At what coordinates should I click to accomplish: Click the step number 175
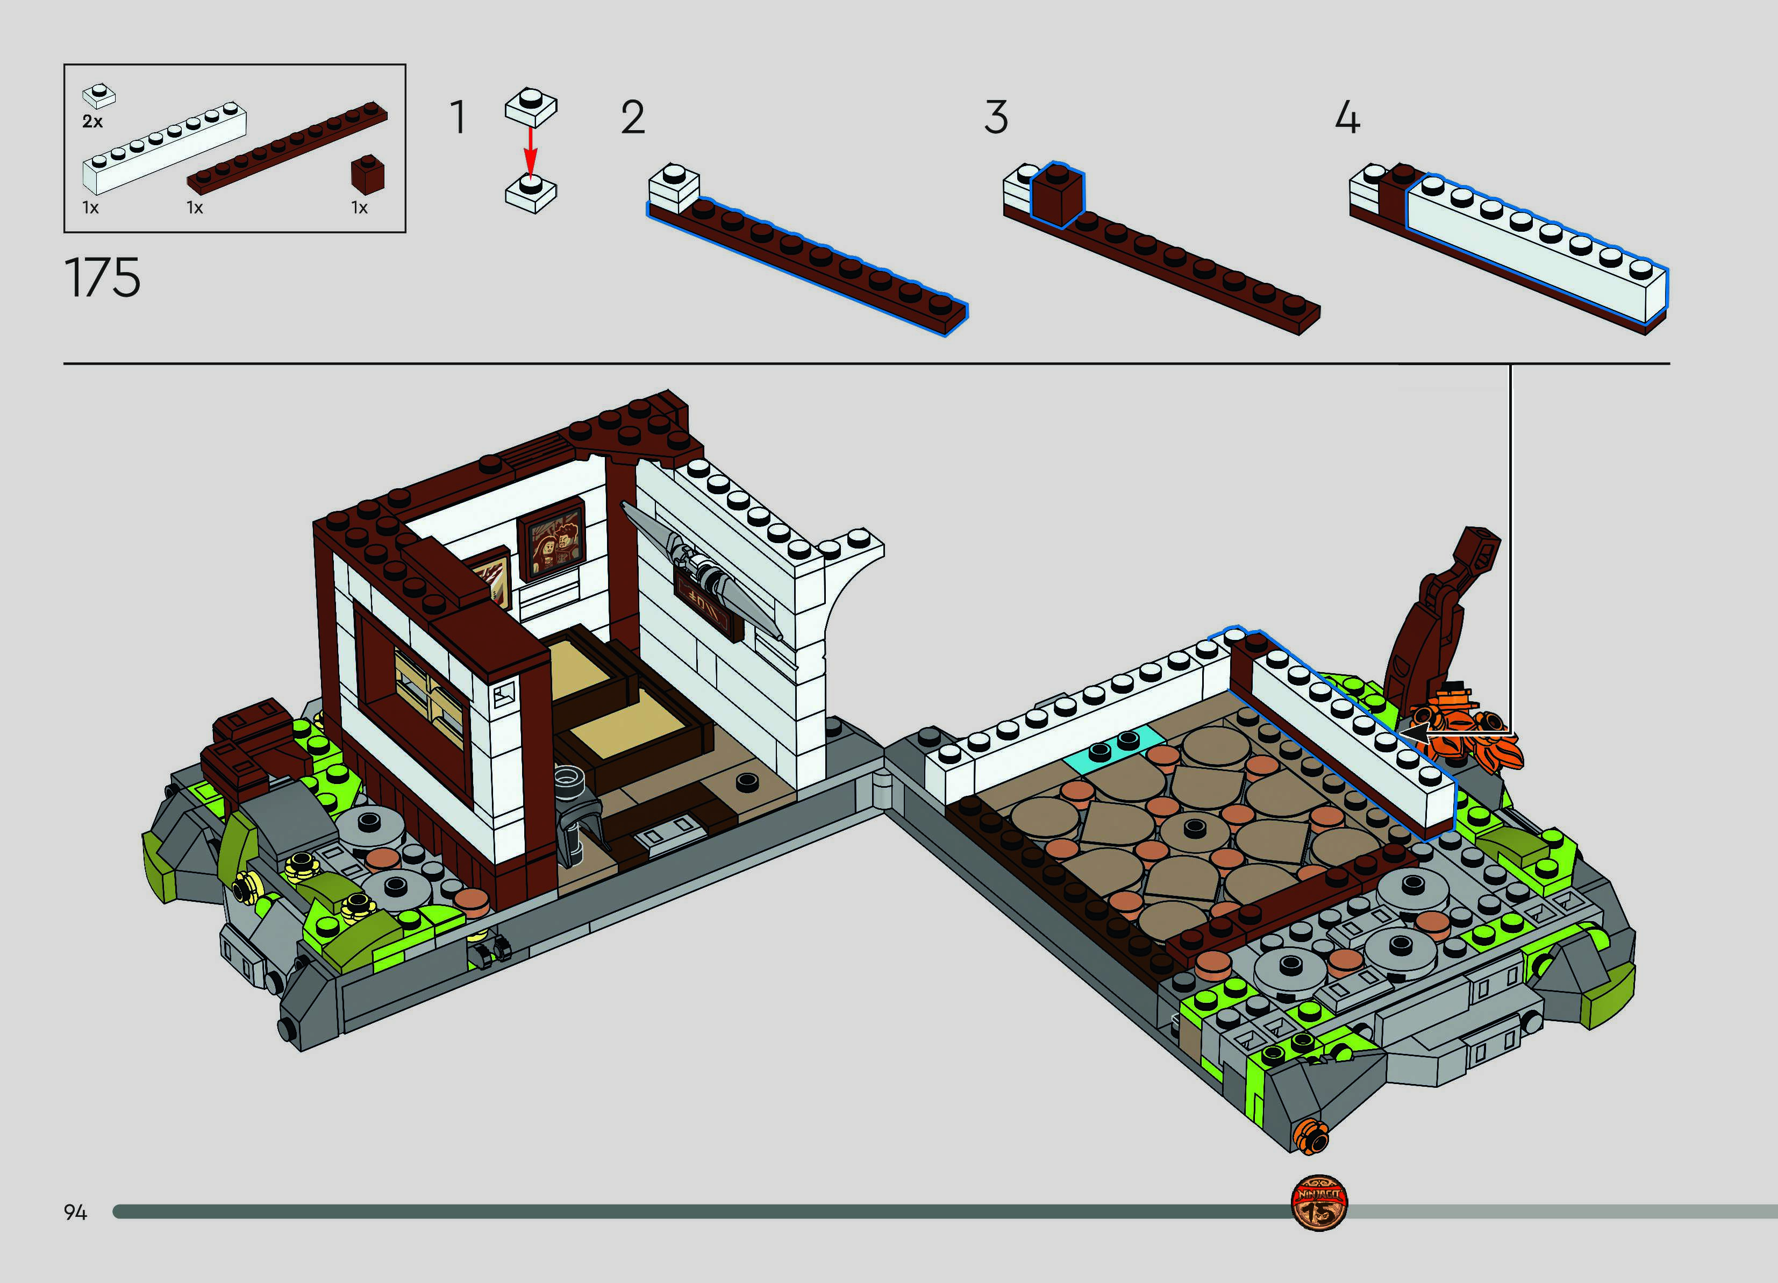point(102,277)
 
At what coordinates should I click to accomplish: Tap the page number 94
point(75,1213)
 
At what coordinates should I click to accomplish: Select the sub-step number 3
point(996,118)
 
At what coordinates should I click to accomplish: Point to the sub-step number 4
point(1347,118)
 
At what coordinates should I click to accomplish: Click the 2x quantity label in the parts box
point(92,122)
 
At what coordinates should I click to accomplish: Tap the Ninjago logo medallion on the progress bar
point(1319,1203)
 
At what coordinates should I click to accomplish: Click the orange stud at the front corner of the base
point(1312,1137)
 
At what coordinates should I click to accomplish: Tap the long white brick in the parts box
point(165,147)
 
